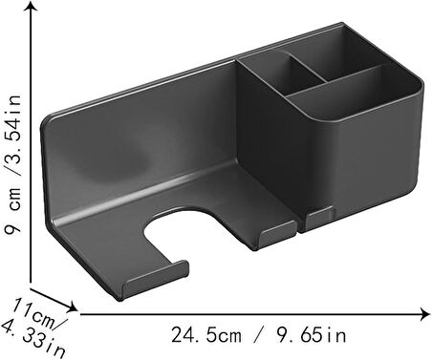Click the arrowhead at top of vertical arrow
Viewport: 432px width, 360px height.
pyautogui.click(x=31, y=6)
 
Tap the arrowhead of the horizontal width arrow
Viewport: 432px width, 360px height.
pyautogui.click(x=425, y=314)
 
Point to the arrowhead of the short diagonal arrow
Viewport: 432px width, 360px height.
pyautogui.click(x=73, y=307)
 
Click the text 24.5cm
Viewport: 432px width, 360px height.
pyautogui.click(x=206, y=335)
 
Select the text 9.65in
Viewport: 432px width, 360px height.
pyautogui.click(x=311, y=335)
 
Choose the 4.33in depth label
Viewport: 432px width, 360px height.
pyautogui.click(x=33, y=338)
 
